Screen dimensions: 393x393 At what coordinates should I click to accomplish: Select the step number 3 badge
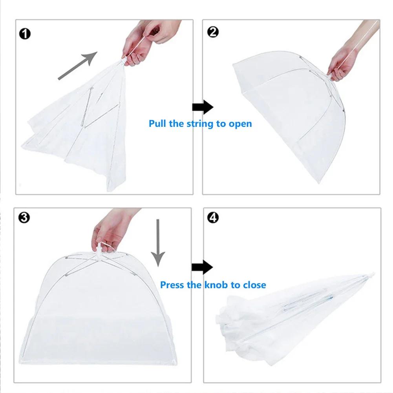click(24, 218)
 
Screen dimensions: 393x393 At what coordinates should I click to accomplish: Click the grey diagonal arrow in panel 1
click(77, 66)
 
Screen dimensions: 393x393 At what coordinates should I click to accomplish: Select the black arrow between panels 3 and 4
click(202, 267)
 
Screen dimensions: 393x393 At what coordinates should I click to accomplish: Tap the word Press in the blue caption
click(172, 285)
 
